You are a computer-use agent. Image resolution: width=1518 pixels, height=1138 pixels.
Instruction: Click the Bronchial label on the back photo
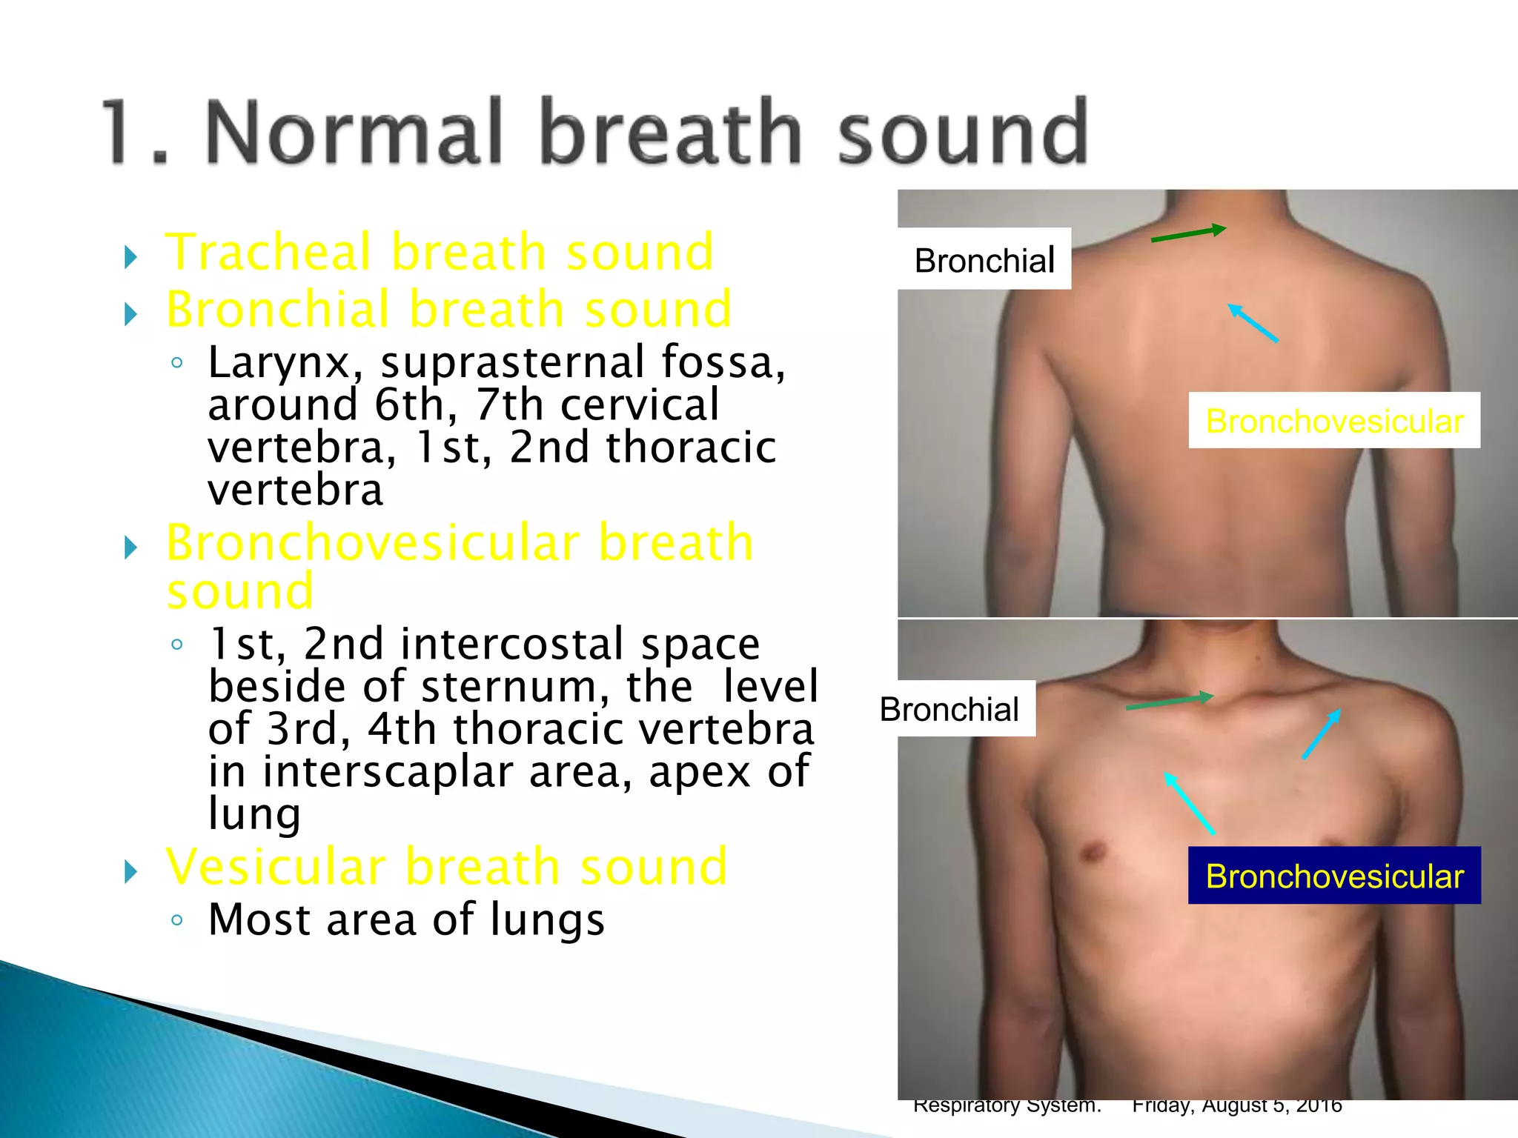984,260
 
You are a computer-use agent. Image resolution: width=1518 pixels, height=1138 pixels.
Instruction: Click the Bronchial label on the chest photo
949,709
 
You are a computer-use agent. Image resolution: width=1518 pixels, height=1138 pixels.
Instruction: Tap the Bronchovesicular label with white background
1334,421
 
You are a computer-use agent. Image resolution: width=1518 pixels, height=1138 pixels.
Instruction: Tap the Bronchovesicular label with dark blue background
1334,876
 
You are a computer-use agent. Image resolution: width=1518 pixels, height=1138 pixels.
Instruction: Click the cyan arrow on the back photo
1253,323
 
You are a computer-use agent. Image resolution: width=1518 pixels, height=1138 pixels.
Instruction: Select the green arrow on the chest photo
1169,702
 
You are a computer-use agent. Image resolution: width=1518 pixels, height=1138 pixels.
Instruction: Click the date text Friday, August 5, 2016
1236,1105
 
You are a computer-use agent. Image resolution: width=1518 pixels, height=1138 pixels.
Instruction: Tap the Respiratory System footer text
1007,1105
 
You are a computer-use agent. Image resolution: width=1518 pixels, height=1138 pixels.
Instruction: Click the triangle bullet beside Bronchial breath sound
131,314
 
